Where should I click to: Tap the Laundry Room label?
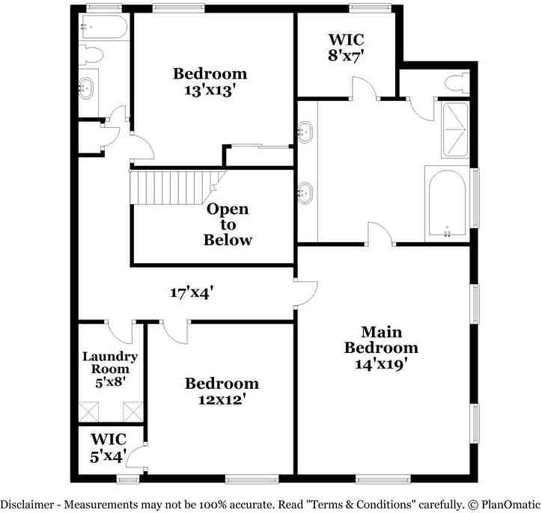(110, 362)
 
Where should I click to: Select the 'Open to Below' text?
(228, 224)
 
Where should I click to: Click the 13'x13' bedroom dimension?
(210, 90)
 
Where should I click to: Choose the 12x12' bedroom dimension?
(222, 399)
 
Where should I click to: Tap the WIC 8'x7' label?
(346, 48)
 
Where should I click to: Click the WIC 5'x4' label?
(109, 446)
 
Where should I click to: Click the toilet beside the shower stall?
(456, 82)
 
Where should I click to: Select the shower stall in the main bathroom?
(455, 129)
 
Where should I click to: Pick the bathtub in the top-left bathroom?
(103, 29)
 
